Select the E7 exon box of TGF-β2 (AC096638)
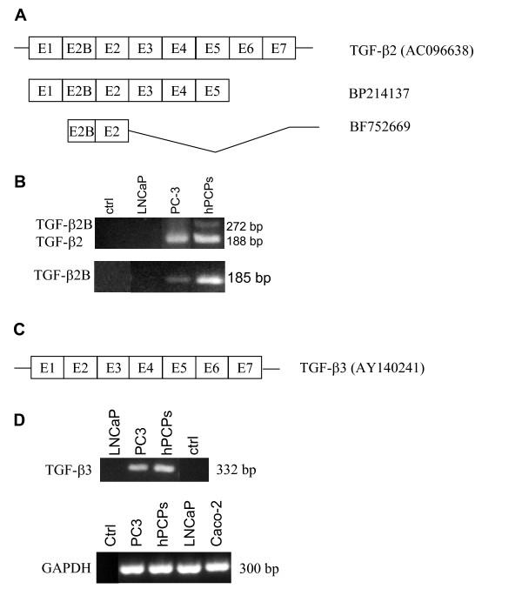[278, 48]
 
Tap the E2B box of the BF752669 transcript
[81, 131]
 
